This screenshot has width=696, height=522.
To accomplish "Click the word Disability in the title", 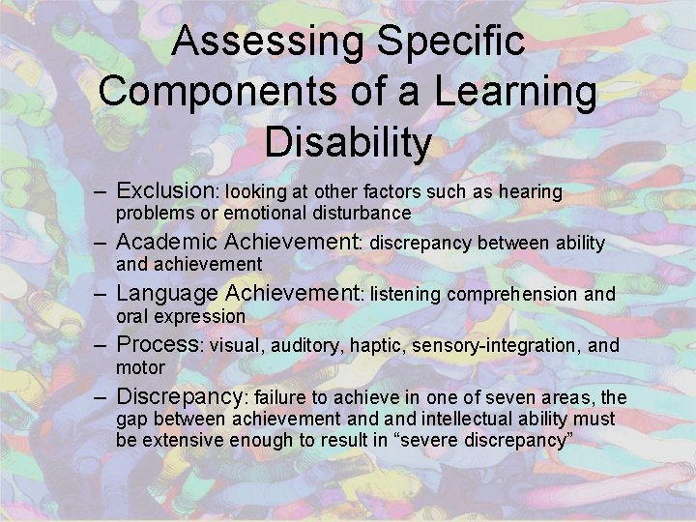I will (347, 142).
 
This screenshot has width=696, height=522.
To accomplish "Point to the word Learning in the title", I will (515, 91).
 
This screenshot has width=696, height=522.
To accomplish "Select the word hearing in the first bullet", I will (529, 192).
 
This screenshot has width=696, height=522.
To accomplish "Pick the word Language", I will (167, 293).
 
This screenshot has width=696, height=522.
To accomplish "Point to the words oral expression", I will (181, 316).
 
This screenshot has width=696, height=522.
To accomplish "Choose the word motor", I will (140, 367).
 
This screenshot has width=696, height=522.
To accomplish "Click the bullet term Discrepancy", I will (181, 396).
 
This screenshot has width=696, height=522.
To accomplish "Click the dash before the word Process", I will (101, 344).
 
